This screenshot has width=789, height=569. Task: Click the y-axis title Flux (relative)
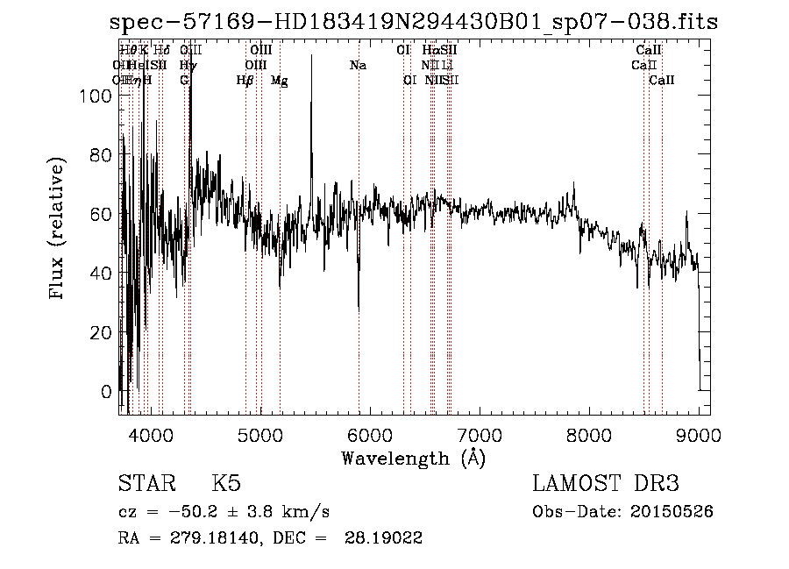(59, 230)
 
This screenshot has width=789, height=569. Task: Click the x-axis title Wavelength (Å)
(413, 458)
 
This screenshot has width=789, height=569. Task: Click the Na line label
(358, 66)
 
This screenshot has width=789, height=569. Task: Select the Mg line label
(279, 81)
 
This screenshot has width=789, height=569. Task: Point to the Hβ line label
(245, 81)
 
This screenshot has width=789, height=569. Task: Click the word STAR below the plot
(143, 484)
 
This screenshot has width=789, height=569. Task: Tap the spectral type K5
(226, 484)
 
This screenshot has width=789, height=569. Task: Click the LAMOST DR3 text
(606, 484)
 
